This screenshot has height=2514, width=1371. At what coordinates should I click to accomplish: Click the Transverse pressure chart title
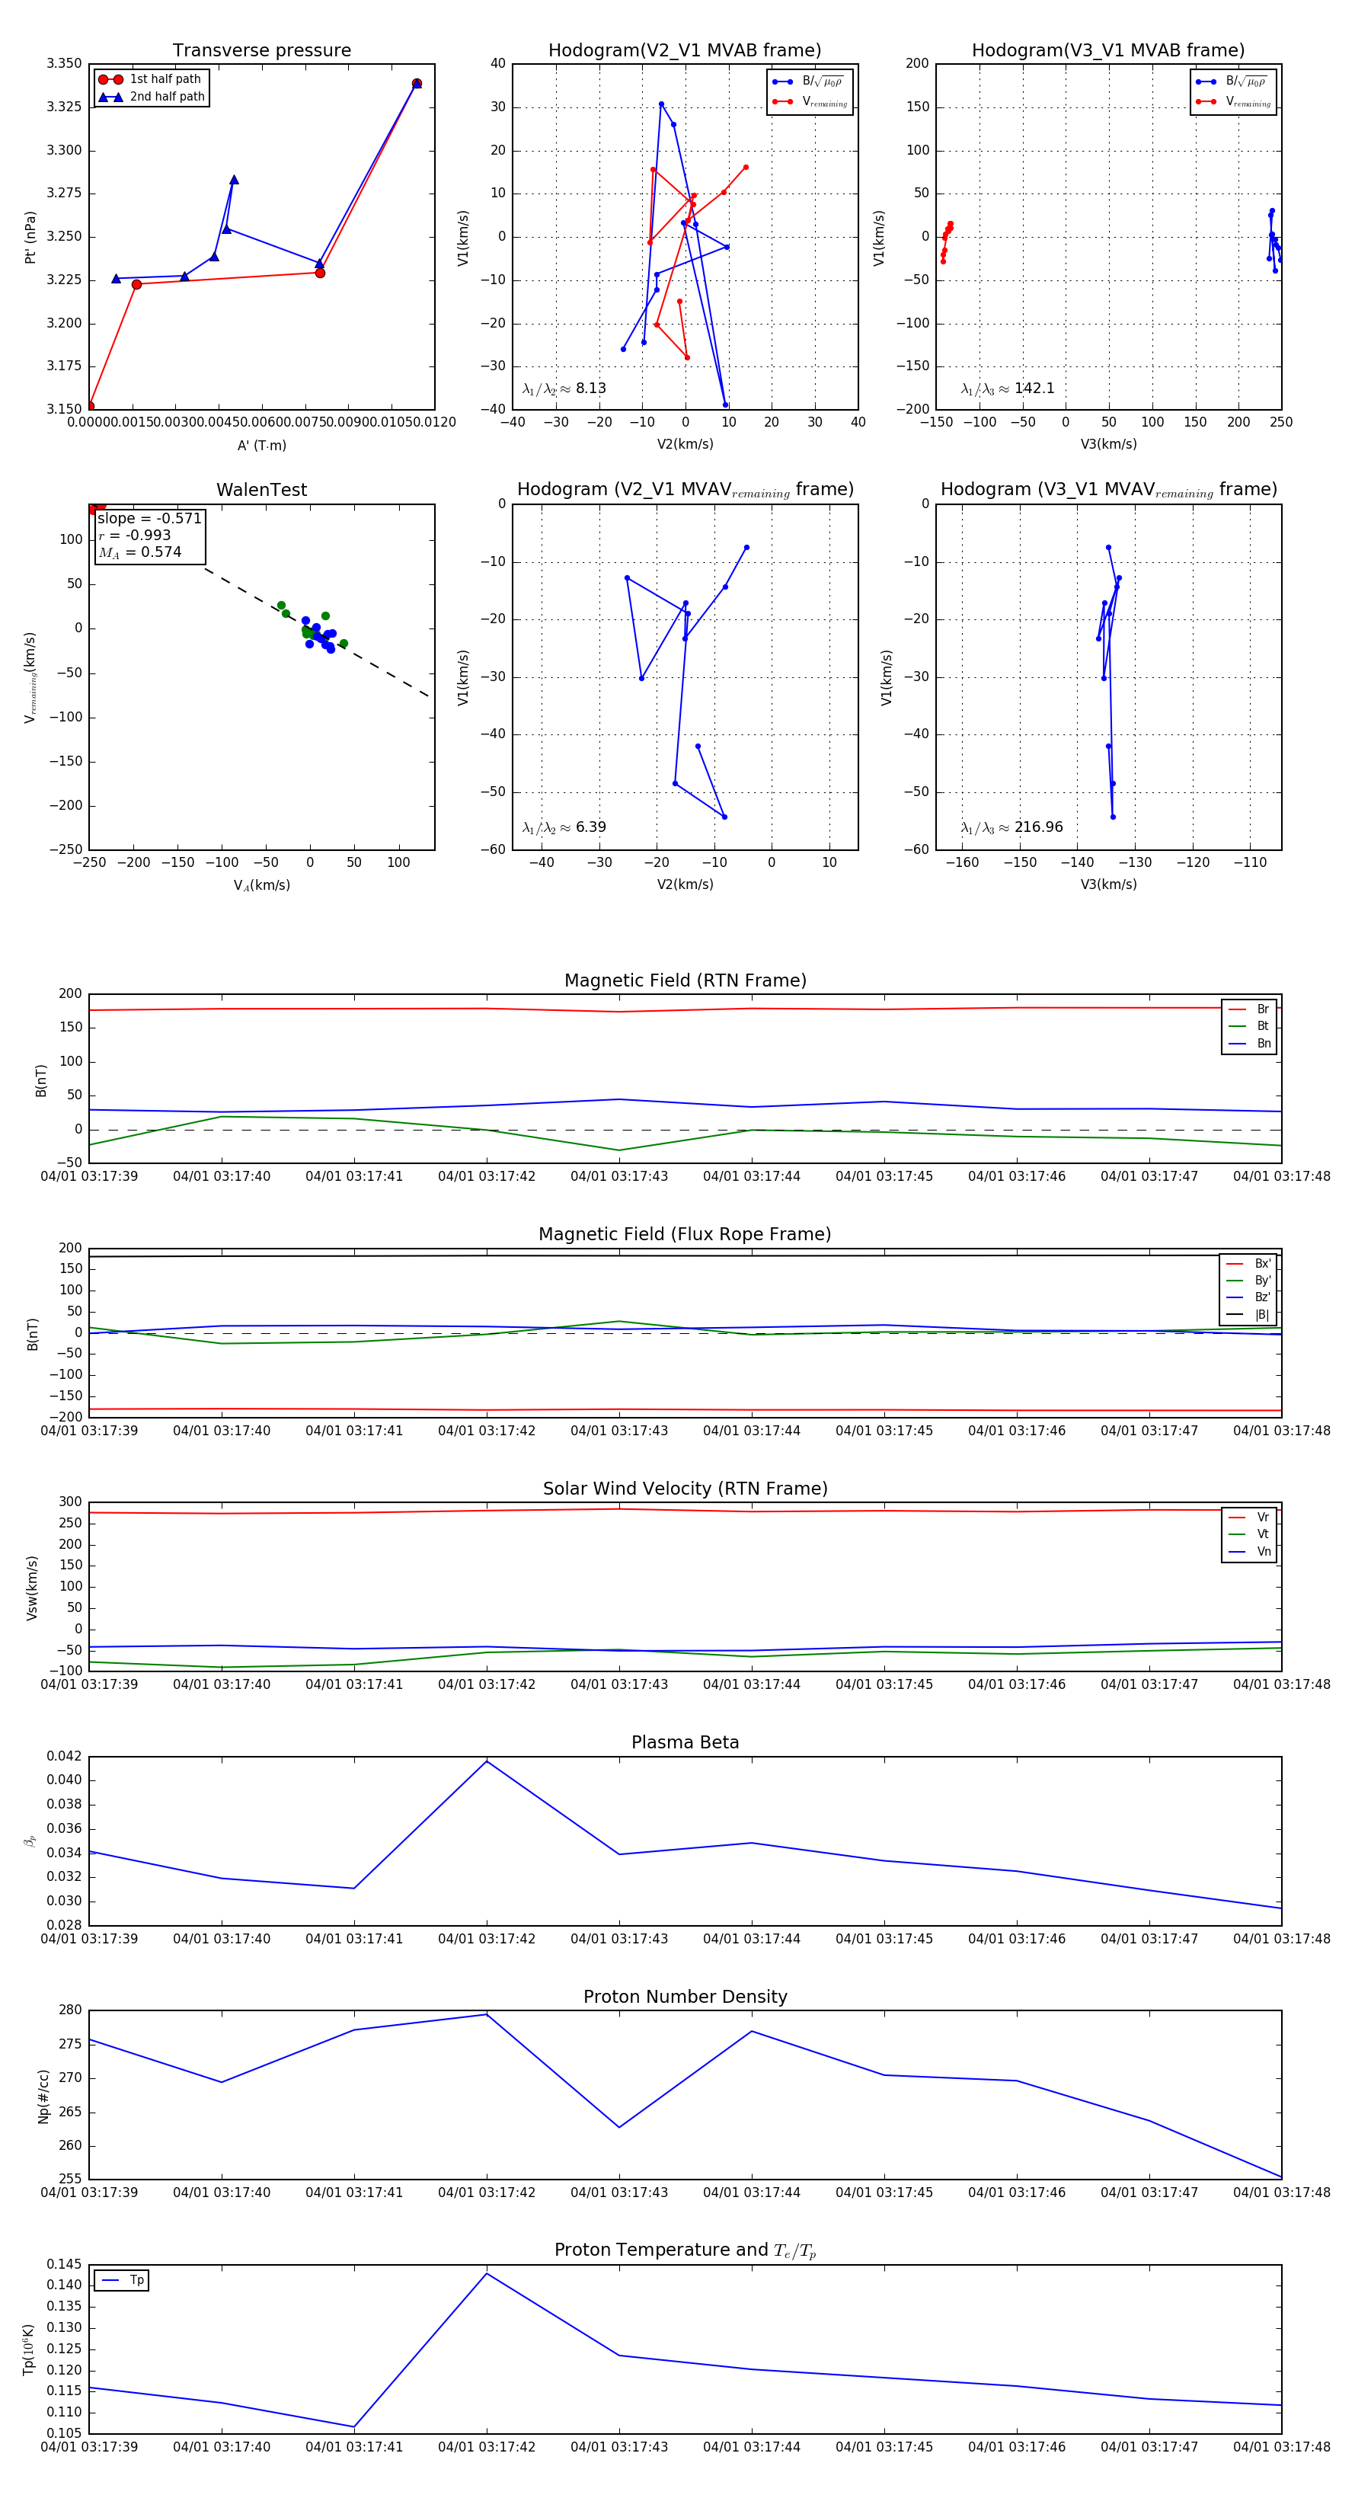(261, 51)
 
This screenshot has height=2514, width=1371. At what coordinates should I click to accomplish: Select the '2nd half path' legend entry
(167, 97)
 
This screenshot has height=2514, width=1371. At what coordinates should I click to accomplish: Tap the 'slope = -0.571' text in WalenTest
(149, 518)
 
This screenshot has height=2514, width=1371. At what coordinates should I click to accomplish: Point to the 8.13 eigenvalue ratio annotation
(590, 389)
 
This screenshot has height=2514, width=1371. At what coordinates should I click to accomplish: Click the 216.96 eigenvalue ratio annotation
(1038, 827)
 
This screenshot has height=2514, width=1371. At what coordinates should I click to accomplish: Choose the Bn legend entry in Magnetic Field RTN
(1263, 1043)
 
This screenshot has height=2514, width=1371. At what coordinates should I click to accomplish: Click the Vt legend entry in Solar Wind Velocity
(1263, 1534)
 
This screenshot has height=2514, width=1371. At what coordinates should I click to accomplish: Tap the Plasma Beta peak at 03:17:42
(487, 1761)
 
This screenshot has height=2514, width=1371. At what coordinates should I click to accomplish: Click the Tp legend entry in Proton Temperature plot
(136, 2281)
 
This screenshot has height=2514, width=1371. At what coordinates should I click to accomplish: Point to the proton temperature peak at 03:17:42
(487, 2274)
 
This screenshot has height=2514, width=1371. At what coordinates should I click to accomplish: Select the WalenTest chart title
(261, 490)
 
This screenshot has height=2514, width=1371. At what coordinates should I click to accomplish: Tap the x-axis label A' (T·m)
(261, 445)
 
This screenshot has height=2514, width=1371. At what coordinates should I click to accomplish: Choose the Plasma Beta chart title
(685, 1743)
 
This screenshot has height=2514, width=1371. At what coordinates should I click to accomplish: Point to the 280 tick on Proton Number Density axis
(70, 2010)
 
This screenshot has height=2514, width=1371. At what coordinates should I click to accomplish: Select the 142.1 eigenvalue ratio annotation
(1034, 389)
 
